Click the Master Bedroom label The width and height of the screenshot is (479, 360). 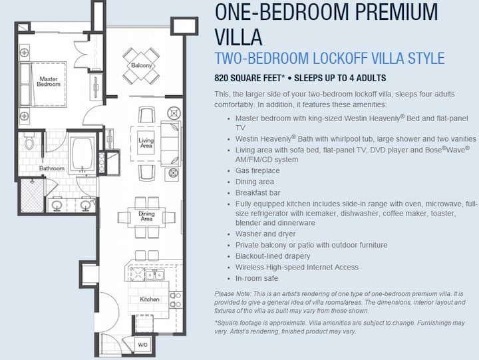pyautogui.click(x=49, y=82)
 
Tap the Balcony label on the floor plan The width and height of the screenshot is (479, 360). pyautogui.click(x=141, y=65)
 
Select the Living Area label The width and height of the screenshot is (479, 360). pyautogui.click(x=146, y=142)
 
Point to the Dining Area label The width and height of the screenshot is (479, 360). pyautogui.click(x=146, y=216)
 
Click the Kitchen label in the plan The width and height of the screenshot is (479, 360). pyautogui.click(x=150, y=299)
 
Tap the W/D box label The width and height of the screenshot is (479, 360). pyautogui.click(x=142, y=345)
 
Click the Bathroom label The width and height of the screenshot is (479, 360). pyautogui.click(x=52, y=168)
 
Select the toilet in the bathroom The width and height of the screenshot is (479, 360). pyautogui.click(x=29, y=141)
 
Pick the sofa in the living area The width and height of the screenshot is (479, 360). pyautogui.click(x=170, y=144)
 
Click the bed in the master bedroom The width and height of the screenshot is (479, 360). pyautogui.click(x=43, y=85)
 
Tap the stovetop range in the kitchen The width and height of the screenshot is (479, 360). pyautogui.click(x=138, y=273)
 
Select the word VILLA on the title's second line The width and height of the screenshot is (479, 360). pyautogui.click(x=238, y=37)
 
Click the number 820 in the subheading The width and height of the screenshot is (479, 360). pyautogui.click(x=221, y=79)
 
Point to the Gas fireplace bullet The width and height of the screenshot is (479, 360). pyautogui.click(x=257, y=170)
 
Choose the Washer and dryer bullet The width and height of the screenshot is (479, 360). pyautogui.click(x=265, y=234)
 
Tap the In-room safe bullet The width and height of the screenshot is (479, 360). pyautogui.click(x=257, y=278)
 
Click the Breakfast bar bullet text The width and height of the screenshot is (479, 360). pyautogui.click(x=258, y=193)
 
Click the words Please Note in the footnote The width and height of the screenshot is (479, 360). pyautogui.click(x=232, y=294)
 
